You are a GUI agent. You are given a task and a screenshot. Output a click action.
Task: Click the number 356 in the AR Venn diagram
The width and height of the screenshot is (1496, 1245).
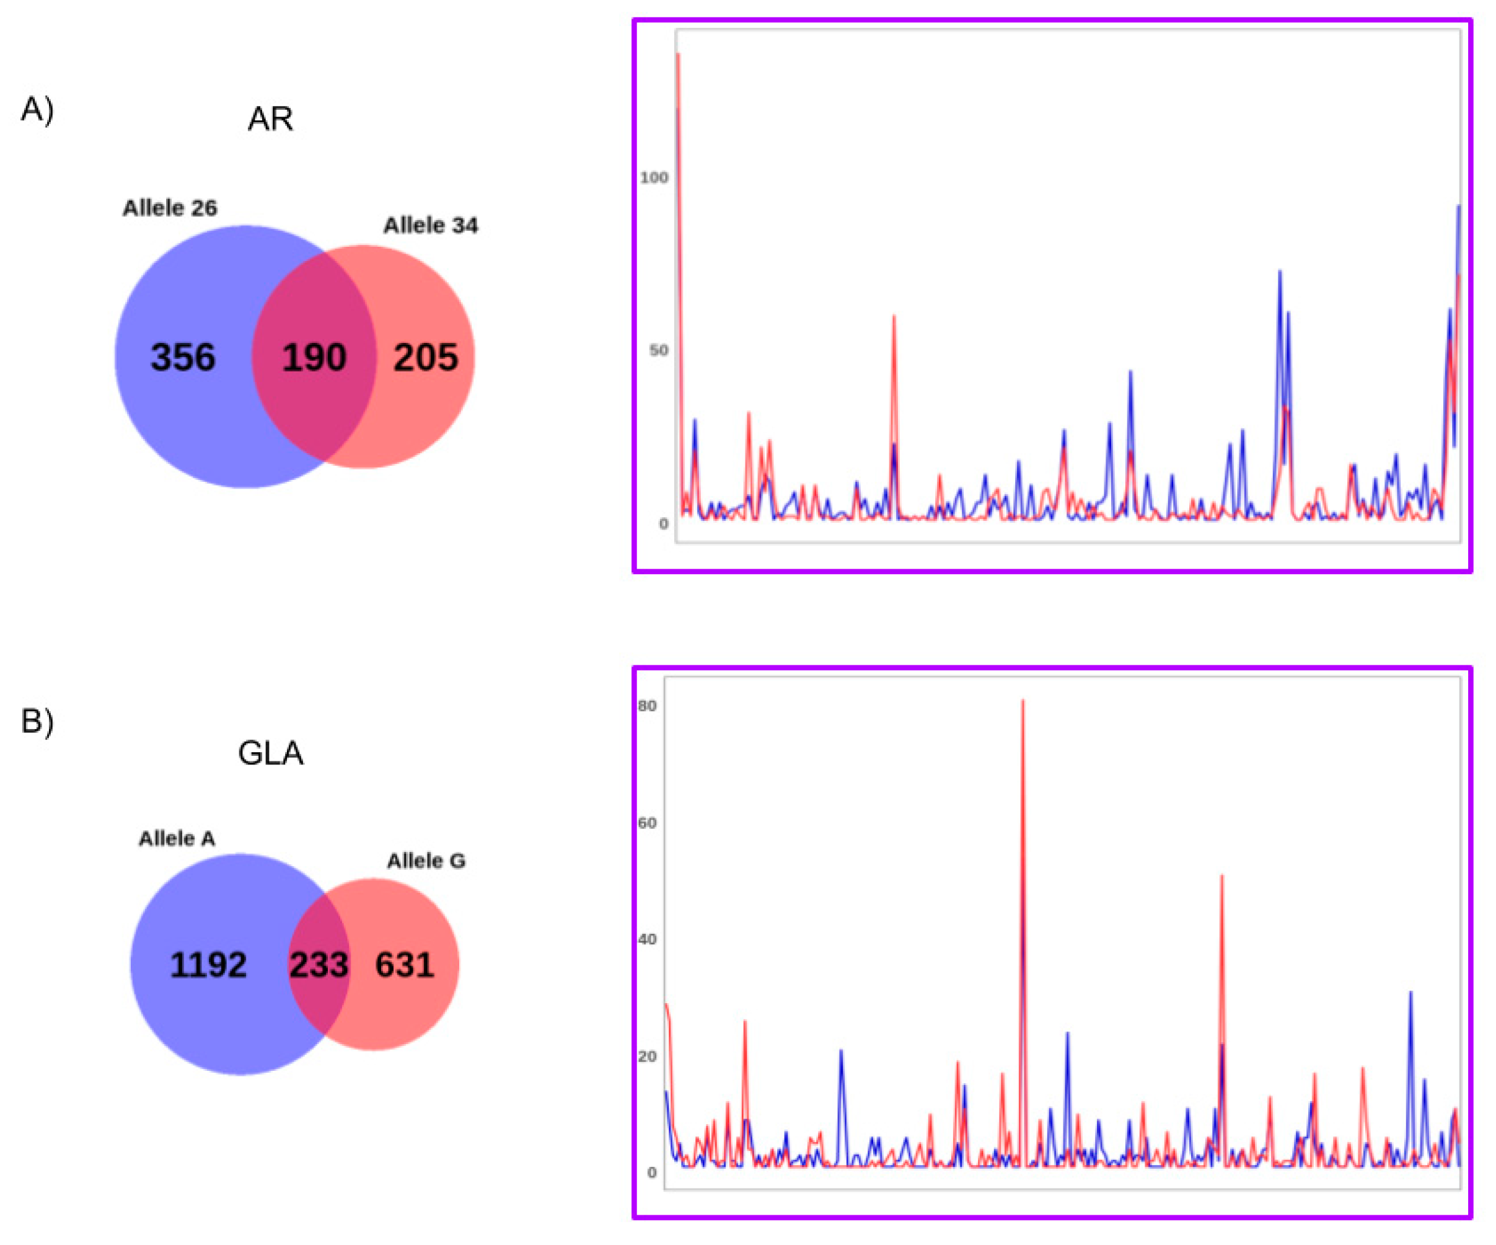182,357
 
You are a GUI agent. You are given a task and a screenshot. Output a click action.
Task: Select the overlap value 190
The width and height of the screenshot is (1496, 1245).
314,357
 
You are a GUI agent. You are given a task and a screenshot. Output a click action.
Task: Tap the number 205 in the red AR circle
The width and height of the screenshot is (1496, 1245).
425,357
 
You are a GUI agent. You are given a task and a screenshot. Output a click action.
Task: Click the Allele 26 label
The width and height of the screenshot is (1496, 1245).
170,208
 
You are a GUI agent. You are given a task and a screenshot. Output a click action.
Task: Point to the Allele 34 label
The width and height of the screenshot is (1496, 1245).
430,225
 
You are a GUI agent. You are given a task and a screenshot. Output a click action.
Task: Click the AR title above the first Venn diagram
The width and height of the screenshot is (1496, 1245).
270,119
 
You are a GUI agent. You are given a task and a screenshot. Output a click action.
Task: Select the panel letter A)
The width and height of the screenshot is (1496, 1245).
37,110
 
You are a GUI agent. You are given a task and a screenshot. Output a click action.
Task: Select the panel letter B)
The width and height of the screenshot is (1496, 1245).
37,721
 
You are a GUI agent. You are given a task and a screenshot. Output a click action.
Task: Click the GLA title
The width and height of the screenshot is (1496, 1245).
270,753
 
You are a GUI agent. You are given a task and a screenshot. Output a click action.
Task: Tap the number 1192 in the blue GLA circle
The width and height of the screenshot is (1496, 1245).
208,965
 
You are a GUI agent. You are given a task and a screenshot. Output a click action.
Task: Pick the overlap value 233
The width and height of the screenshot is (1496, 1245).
319,965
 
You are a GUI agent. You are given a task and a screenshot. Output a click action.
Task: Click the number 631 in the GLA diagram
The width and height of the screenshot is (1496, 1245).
405,965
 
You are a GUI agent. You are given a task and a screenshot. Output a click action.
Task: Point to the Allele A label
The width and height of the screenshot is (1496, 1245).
177,839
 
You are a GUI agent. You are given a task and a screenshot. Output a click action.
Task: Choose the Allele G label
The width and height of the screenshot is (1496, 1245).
426,861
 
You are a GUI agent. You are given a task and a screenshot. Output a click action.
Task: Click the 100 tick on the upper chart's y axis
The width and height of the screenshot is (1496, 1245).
654,177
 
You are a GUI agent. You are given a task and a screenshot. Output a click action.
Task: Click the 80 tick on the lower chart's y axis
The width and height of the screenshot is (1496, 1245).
647,706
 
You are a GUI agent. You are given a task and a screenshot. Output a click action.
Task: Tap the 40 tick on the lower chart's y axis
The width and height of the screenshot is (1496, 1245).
647,939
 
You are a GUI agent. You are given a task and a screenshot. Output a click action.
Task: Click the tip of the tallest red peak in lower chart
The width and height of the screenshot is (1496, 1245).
1023,701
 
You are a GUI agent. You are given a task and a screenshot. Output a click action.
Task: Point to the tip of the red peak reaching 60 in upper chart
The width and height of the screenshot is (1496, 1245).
894,316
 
